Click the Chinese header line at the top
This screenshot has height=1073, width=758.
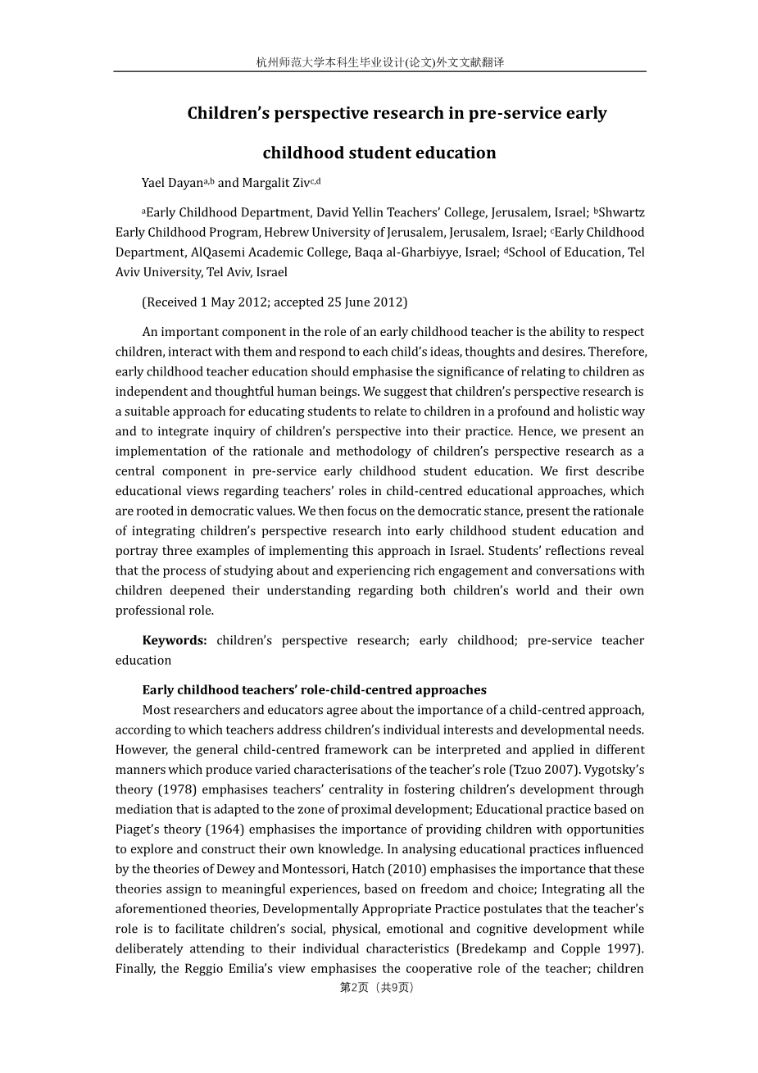379,62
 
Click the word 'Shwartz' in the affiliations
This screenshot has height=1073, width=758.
622,212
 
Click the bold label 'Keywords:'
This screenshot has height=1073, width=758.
175,640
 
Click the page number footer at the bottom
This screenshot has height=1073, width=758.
377,988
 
